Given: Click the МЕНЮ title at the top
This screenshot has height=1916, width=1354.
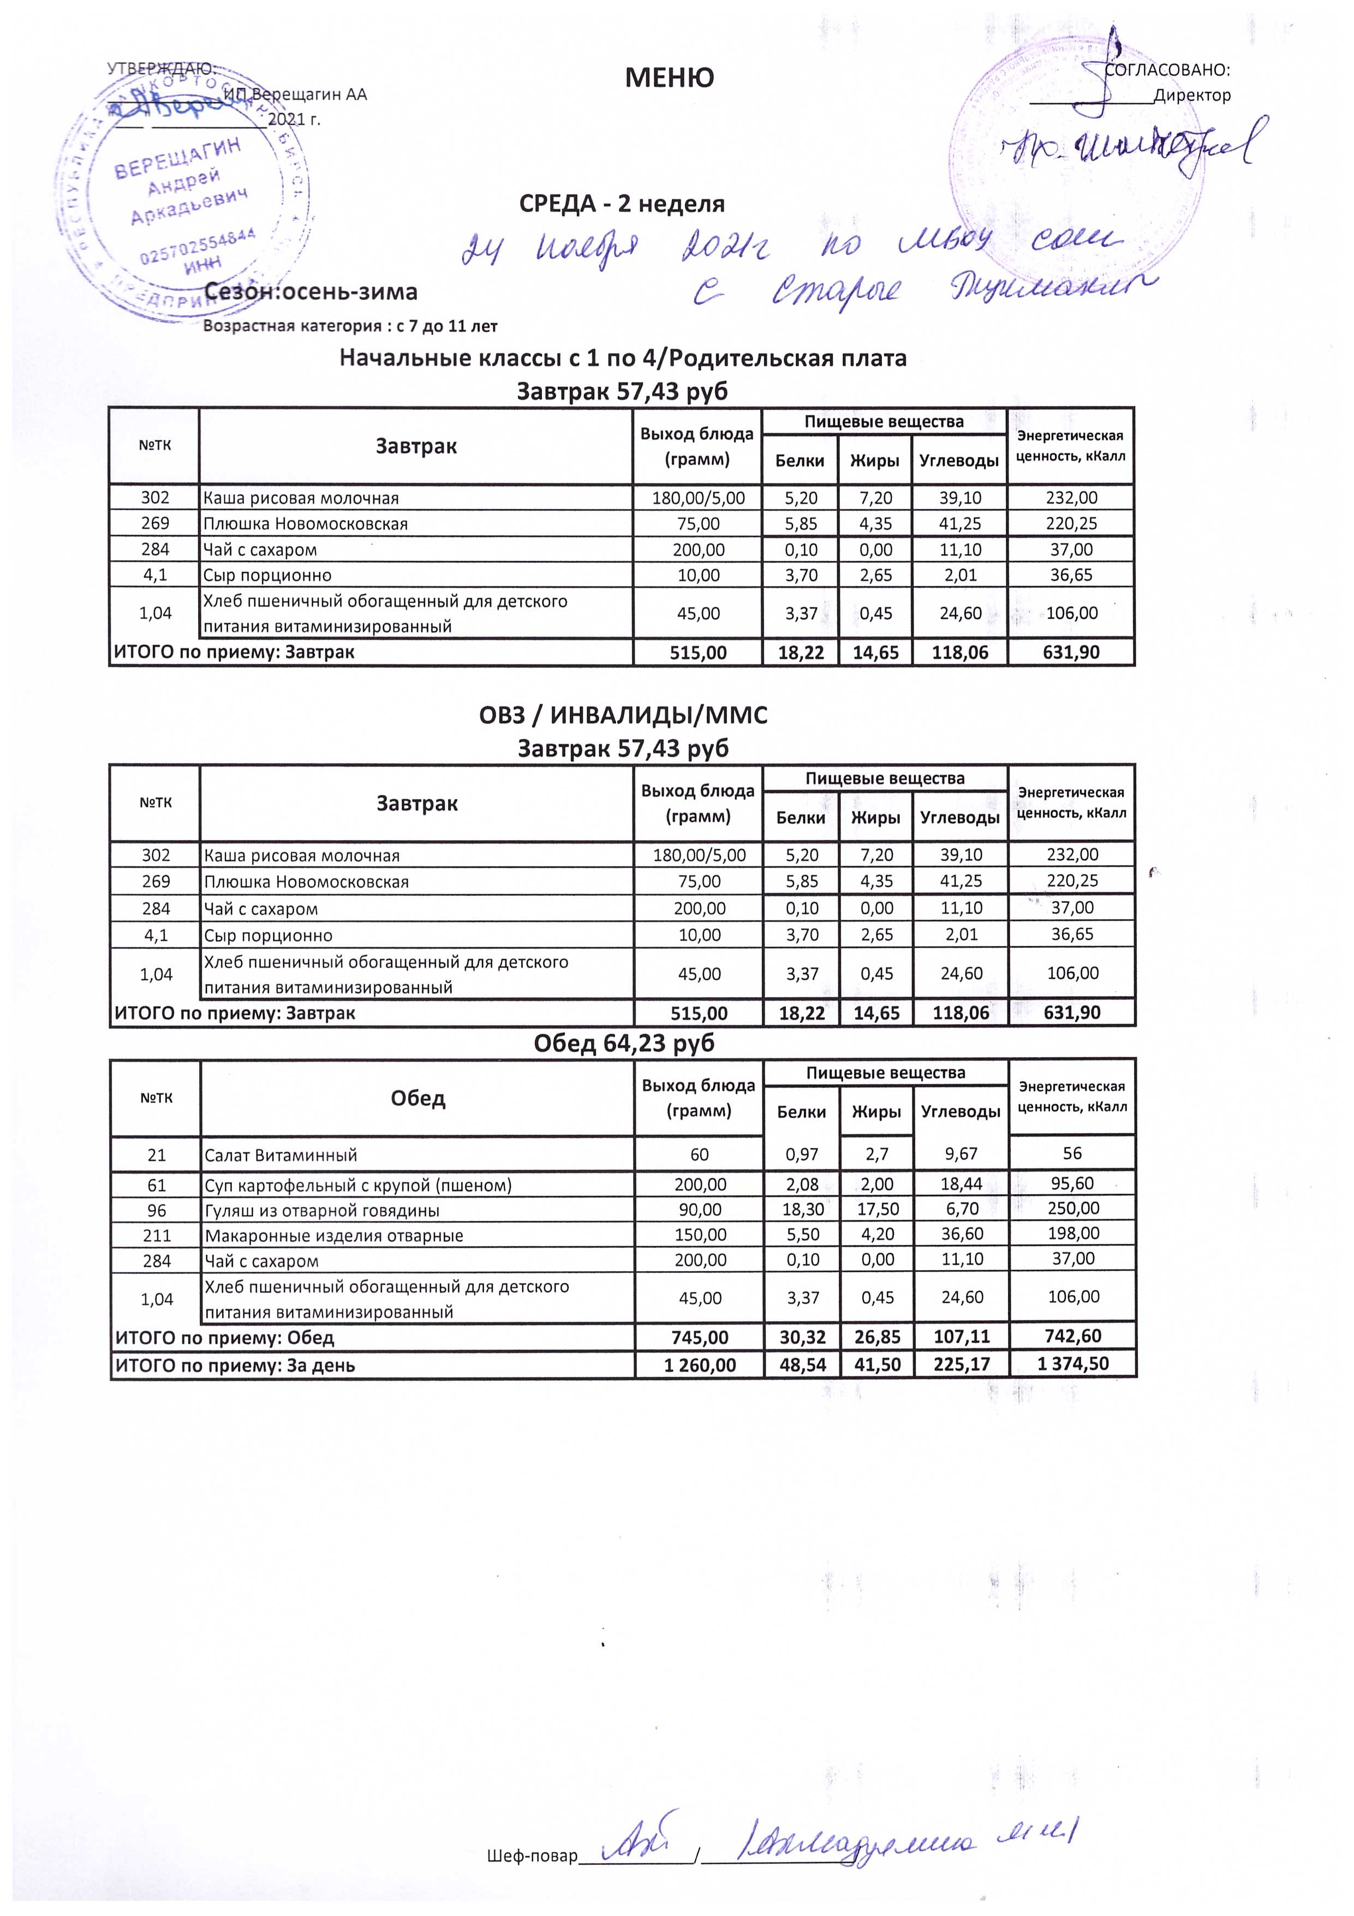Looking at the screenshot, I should coord(670,77).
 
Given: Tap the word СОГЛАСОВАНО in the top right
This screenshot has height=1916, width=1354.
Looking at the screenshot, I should coord(1167,70).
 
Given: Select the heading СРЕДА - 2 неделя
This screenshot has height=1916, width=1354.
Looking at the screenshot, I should coord(622,203).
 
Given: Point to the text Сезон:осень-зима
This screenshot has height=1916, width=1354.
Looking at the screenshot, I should coord(311,292).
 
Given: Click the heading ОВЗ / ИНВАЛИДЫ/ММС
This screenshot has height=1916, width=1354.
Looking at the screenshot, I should coord(623,715).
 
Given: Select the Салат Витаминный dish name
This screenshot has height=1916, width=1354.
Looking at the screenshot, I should coord(281,1155).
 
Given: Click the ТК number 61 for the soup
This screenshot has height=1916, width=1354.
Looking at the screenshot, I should coord(156,1185).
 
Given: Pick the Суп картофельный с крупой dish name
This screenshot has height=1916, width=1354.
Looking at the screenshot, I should coord(358,1185).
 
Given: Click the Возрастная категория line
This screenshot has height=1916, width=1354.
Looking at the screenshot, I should coord(350,326).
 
